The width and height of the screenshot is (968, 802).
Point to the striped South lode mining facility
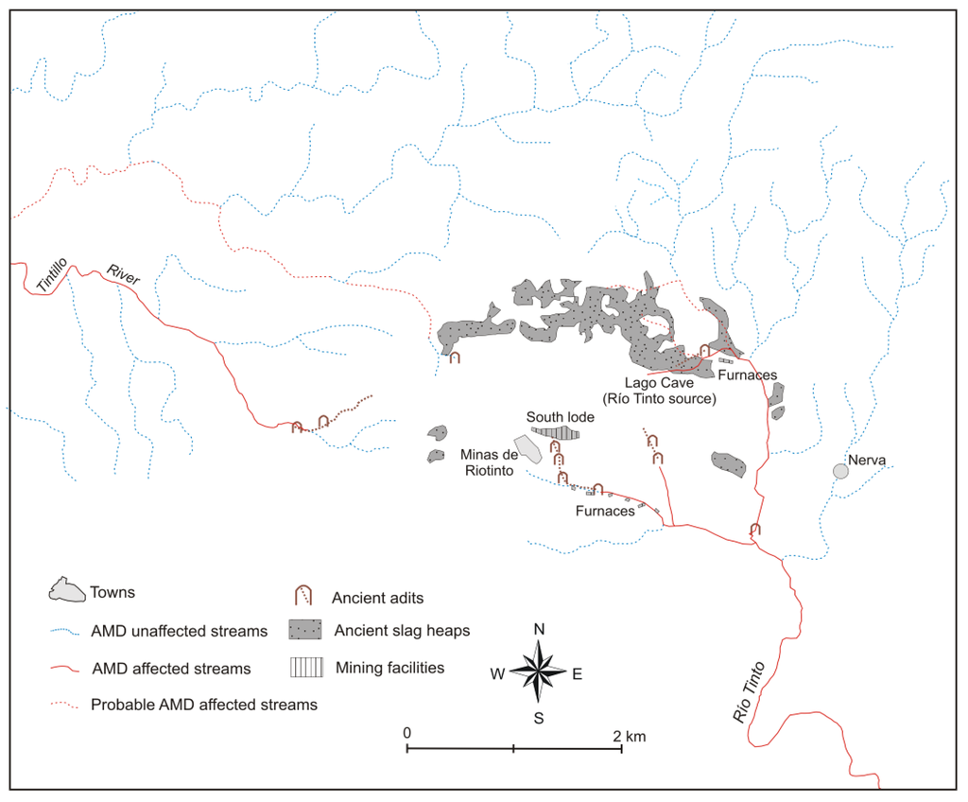point(559,432)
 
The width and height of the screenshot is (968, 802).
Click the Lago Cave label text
point(647,383)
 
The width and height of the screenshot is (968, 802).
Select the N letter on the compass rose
point(539,630)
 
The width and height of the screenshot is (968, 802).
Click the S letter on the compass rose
point(539,718)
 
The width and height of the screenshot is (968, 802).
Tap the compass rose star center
point(539,673)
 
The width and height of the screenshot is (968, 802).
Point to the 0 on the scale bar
point(406,733)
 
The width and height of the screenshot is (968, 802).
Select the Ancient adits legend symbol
point(304,596)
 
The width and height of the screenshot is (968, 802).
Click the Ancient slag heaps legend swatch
point(306,630)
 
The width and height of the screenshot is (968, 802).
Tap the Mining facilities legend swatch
point(306,668)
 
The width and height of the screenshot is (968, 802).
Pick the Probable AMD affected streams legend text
point(203,705)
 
